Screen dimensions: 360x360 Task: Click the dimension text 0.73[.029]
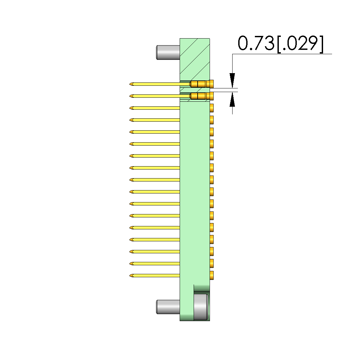[x=280, y=43]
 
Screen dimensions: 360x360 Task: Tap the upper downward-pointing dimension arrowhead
[x=232, y=80]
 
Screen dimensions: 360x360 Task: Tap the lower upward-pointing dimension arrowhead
[x=232, y=99]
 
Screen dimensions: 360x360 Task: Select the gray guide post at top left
[x=168, y=53]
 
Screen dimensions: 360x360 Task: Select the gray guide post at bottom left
[x=168, y=307]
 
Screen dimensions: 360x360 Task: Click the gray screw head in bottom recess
[x=201, y=307]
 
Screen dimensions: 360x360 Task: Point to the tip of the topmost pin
[x=130, y=84]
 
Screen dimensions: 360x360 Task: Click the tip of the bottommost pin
[x=130, y=276]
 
